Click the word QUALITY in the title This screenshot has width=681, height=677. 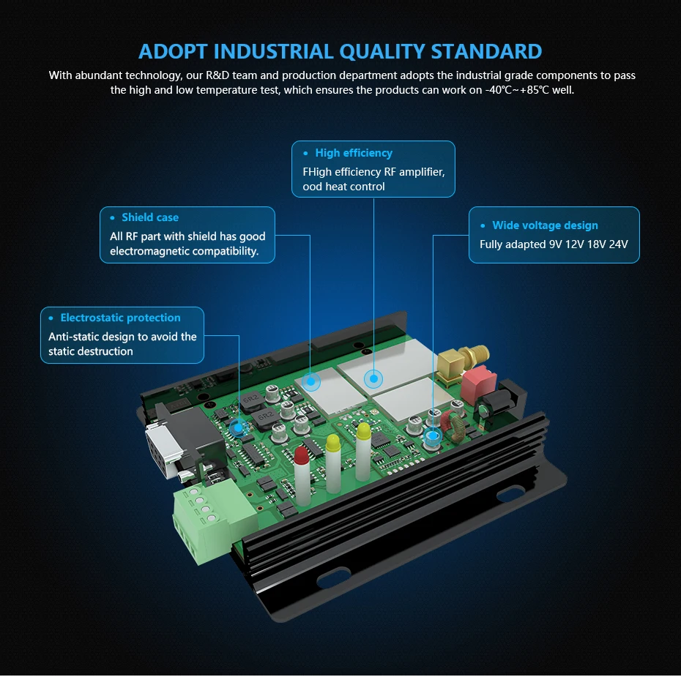pyautogui.click(x=381, y=52)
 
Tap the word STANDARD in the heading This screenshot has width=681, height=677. pyautogui.click(x=487, y=52)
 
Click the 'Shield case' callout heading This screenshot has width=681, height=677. pyautogui.click(x=149, y=217)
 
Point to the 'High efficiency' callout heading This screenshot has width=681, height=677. pyautogui.click(x=354, y=153)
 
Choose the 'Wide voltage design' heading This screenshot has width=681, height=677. pyautogui.click(x=545, y=225)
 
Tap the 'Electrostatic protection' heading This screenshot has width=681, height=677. pyautogui.click(x=120, y=318)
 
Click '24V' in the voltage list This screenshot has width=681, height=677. pyautogui.click(x=619, y=244)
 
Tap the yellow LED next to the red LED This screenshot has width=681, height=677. pyautogui.click(x=332, y=444)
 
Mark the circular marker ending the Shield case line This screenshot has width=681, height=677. pyautogui.click(x=311, y=380)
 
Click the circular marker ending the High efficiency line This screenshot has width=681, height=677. pyautogui.click(x=373, y=378)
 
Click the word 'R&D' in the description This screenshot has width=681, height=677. pyautogui.click(x=217, y=75)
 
